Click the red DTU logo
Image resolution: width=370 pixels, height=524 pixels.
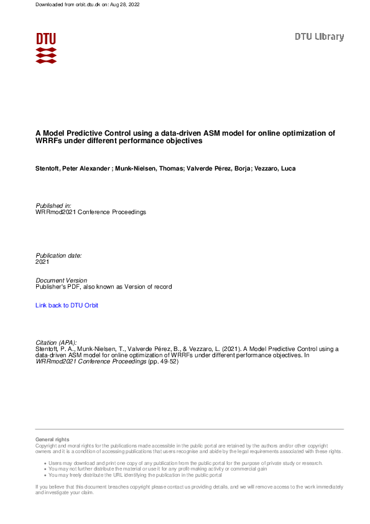point(46,48)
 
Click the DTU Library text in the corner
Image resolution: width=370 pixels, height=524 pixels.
point(319,37)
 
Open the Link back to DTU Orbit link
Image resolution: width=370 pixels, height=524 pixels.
point(67,306)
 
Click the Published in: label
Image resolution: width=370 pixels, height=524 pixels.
point(53,205)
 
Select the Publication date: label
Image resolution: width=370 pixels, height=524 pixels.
point(58,256)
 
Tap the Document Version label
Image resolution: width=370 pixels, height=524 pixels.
point(62,281)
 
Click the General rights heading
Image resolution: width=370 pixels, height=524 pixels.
point(53,439)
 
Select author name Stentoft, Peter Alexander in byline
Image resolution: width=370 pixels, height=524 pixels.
point(73,168)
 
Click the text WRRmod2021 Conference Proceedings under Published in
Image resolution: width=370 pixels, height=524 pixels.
point(91,212)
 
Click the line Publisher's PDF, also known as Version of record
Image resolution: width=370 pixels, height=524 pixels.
point(104,287)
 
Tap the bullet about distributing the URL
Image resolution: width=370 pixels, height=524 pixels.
point(135,475)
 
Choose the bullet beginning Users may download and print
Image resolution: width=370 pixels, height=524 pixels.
point(185,464)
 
